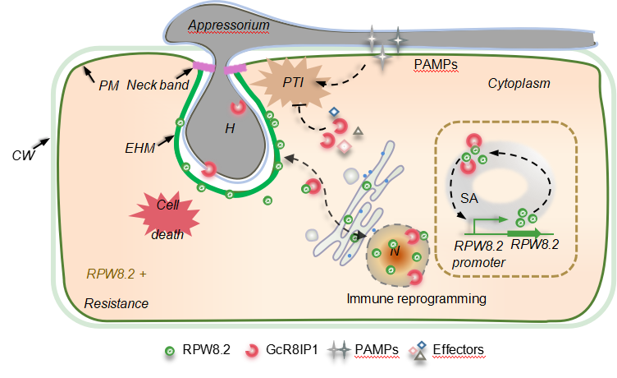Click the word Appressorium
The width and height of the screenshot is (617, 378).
point(229,25)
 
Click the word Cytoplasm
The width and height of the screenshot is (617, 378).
point(519,83)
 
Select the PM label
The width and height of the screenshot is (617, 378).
point(107,85)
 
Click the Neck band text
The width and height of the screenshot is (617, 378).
point(158,85)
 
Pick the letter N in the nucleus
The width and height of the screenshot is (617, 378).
point(395,251)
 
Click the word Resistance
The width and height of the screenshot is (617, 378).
point(117,303)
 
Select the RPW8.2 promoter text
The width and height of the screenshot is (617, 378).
point(481,253)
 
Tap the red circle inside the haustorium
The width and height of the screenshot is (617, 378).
point(239,107)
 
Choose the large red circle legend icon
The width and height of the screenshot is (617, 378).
point(252,352)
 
